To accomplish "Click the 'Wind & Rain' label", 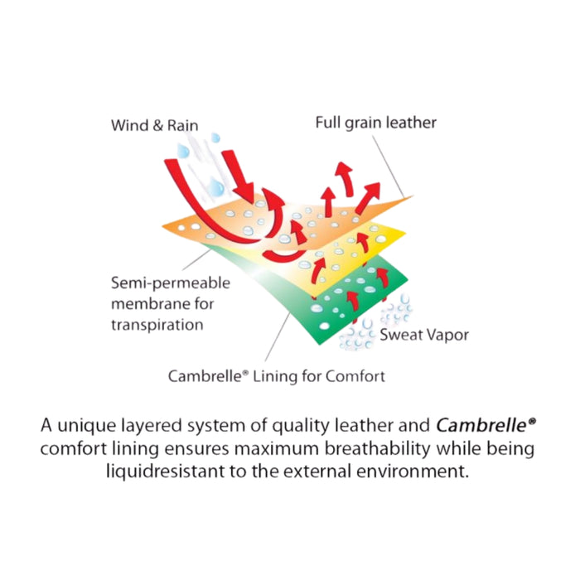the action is [x=155, y=125].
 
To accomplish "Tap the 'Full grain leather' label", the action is [x=376, y=123].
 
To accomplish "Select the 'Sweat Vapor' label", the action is [x=424, y=335].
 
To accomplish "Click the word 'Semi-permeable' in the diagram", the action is [x=171, y=283].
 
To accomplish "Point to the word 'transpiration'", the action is [x=157, y=325].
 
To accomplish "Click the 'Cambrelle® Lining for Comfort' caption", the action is [x=277, y=376].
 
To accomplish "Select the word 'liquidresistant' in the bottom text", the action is [x=165, y=471].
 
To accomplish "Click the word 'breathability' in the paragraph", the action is [x=378, y=448].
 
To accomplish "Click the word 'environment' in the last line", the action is [x=413, y=471].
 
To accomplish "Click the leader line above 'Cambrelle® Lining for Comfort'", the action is [x=278, y=336].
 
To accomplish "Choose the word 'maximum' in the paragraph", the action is [x=277, y=449].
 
